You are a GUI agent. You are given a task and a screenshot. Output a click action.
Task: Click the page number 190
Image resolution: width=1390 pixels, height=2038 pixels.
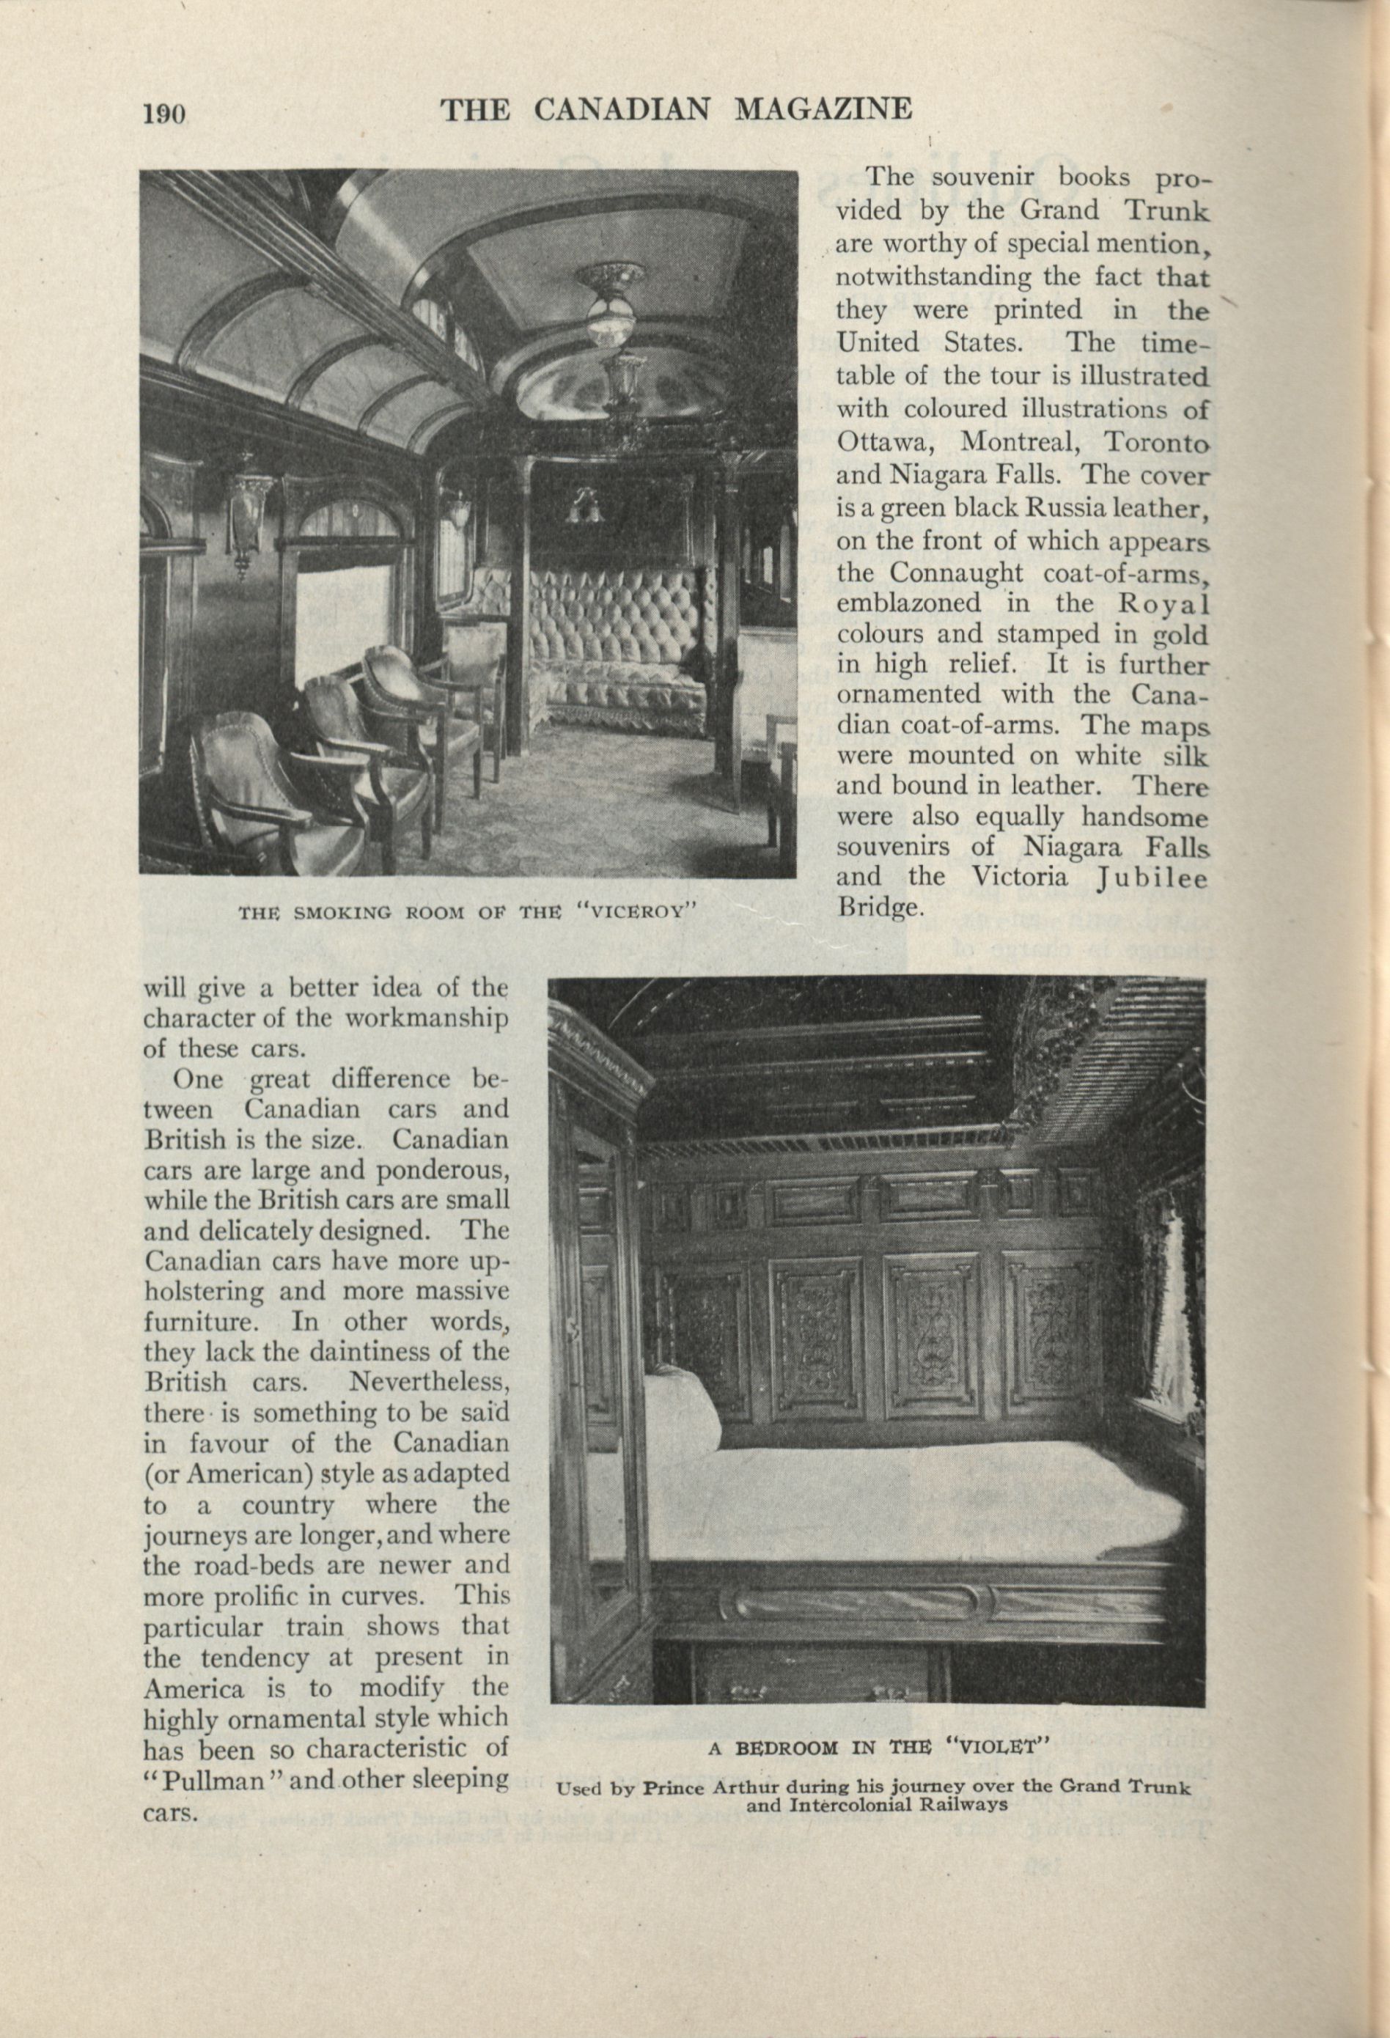[x=164, y=113]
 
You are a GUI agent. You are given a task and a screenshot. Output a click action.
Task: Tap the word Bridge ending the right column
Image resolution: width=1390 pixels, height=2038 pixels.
[x=880, y=908]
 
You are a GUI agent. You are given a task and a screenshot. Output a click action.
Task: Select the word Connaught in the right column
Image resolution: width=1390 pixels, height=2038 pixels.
[x=956, y=573]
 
